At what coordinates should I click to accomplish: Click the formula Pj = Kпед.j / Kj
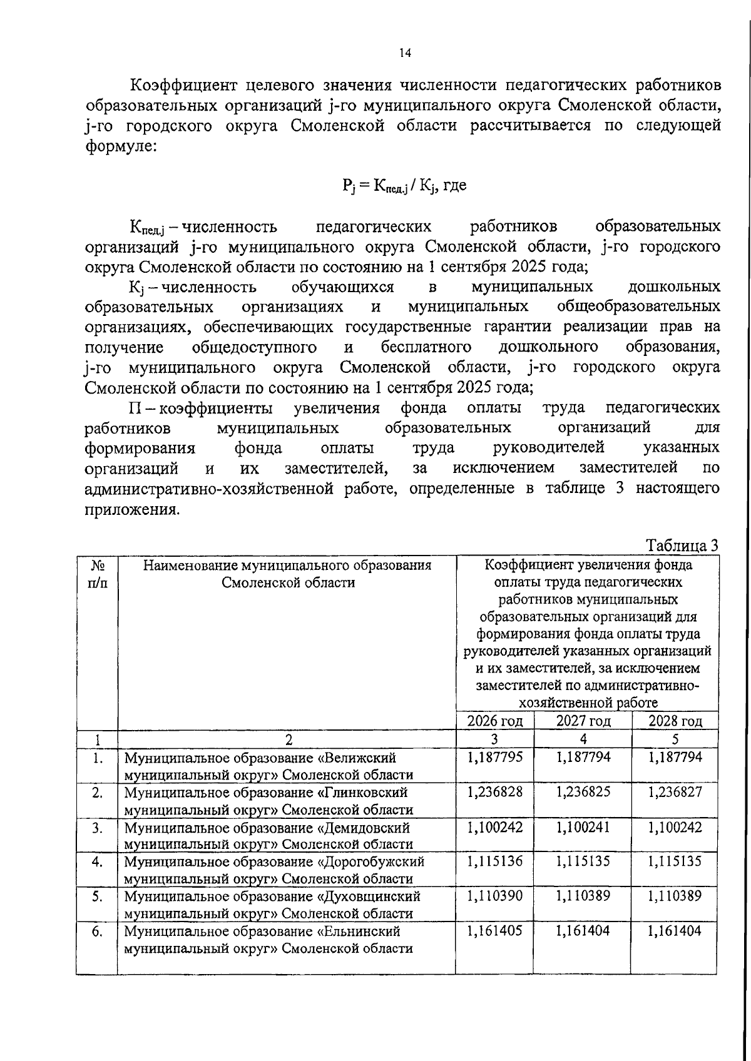[404, 185]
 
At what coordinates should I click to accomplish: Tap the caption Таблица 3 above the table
[682, 546]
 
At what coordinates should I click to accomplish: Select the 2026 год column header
[494, 721]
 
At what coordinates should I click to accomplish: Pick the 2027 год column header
[583, 721]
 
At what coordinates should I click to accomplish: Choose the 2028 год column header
[675, 721]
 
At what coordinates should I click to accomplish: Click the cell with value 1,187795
[494, 757]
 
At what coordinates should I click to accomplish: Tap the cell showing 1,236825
[583, 792]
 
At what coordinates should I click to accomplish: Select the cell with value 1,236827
[675, 792]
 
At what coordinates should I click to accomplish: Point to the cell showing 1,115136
[494, 861]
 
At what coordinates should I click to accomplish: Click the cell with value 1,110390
[494, 896]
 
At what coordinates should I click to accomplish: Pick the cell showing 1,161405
[494, 931]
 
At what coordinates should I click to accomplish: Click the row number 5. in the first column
[97, 896]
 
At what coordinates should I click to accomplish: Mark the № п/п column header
[97, 574]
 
